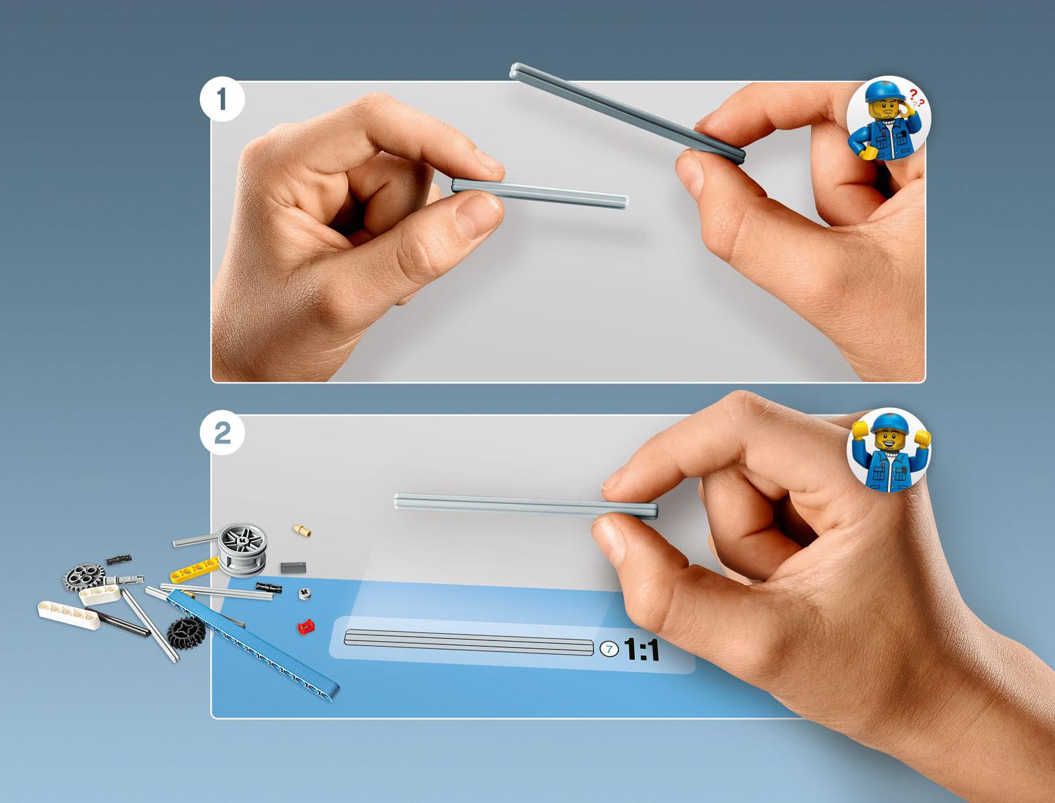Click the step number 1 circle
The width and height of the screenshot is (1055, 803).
click(x=222, y=99)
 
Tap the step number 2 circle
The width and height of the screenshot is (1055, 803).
click(x=222, y=433)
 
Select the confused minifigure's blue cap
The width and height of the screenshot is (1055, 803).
click(x=883, y=91)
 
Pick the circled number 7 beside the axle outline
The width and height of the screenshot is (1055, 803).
click(x=610, y=650)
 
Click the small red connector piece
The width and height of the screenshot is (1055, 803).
click(x=305, y=627)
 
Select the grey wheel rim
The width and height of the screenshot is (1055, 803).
click(x=242, y=550)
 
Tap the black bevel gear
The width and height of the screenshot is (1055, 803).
click(x=186, y=633)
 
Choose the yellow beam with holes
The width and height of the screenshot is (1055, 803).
click(x=195, y=570)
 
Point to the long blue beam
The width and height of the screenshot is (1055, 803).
click(x=253, y=645)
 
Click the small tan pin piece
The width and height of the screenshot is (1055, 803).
click(x=302, y=530)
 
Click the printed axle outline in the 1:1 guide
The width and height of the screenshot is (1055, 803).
click(x=469, y=642)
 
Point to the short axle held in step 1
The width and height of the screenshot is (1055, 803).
click(x=540, y=193)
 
